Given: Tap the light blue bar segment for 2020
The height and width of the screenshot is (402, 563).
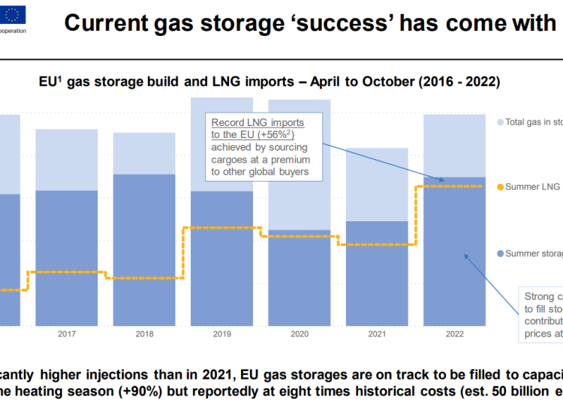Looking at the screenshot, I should (x=299, y=165).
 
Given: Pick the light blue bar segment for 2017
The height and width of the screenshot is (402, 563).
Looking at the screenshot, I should (x=67, y=159).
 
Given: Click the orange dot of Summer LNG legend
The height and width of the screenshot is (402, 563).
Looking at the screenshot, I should (x=500, y=187).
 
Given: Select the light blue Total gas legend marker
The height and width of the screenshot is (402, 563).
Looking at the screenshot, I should (x=500, y=121).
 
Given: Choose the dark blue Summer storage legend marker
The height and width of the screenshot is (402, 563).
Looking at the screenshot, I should (x=500, y=253).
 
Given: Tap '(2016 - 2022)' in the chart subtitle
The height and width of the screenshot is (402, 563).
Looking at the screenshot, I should (x=467, y=80).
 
